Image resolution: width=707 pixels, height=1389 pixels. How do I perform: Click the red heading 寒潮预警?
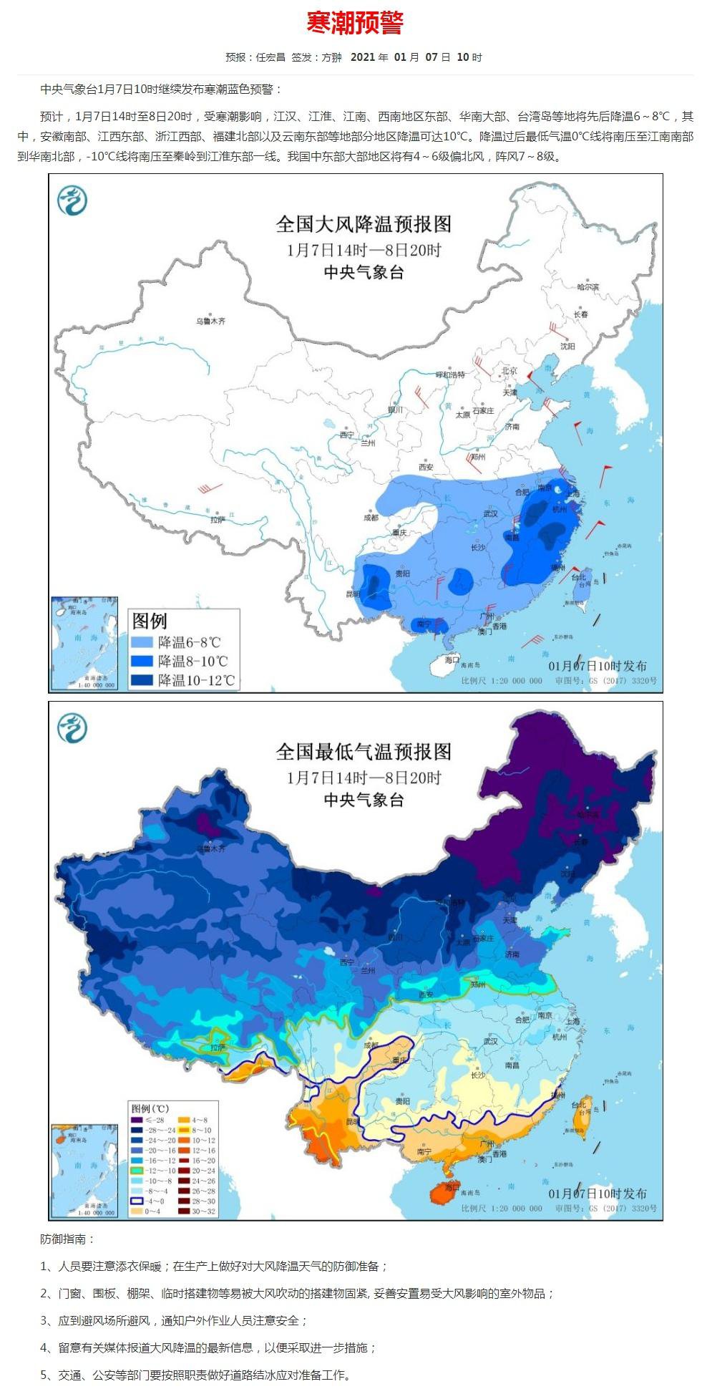coord(355,23)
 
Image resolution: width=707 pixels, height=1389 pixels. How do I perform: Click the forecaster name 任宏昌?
coord(271,57)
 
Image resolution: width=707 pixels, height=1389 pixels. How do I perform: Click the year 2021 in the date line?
coord(364,57)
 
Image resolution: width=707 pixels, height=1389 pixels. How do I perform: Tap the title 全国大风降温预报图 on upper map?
coord(364,224)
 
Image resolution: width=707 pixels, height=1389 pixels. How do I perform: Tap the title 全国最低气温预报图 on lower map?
coord(364,752)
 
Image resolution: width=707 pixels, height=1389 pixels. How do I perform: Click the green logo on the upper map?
coord(72,200)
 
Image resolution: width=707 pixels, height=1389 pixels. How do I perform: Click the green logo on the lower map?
coord(72,728)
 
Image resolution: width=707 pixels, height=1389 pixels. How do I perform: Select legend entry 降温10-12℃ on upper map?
coord(195,680)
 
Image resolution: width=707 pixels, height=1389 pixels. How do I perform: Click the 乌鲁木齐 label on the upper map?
coord(211,322)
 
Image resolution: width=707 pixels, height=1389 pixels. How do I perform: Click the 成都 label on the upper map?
coord(370,516)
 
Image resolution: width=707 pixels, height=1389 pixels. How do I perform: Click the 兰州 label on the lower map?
coord(368,971)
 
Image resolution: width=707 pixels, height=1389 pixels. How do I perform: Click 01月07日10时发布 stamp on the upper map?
coord(598,666)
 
